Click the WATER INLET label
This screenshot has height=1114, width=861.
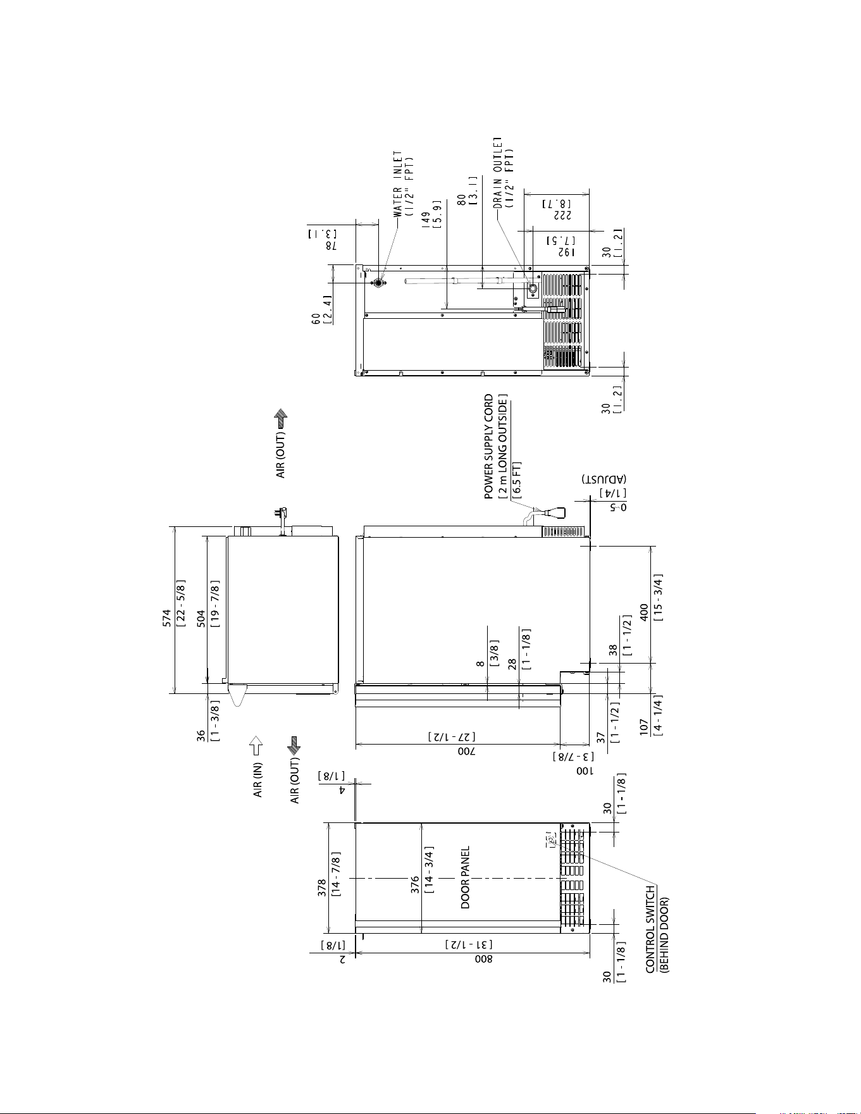[x=397, y=183]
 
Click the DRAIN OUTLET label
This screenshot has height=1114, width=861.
[x=498, y=172]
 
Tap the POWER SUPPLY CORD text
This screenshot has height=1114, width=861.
[x=488, y=447]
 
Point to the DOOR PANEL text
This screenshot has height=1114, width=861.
[x=465, y=877]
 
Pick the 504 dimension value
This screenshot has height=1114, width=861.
[x=201, y=617]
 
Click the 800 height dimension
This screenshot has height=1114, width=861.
[x=488, y=958]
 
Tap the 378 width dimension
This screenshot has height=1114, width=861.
[x=322, y=887]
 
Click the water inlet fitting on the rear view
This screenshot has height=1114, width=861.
[x=378, y=283]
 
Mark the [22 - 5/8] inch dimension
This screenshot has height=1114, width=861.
[x=180, y=602]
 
